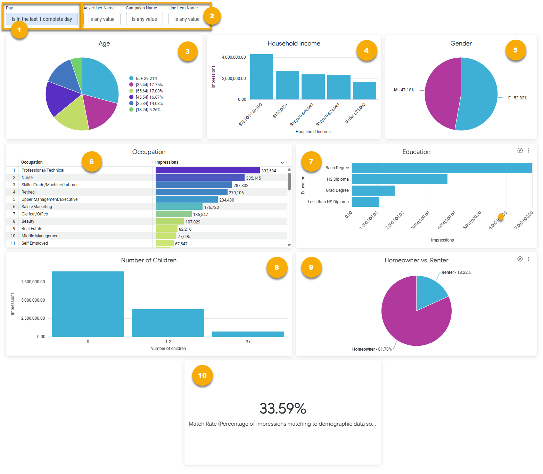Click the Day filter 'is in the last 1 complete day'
pos(42,19)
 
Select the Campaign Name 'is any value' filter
pos(144,19)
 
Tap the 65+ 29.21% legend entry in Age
pos(146,79)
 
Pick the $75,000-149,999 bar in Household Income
pos(261,77)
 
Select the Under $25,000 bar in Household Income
pos(364,90)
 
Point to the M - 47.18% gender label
pos(404,90)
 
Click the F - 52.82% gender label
pos(517,98)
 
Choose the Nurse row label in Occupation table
pos(27,178)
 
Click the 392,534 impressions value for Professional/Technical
pos(269,171)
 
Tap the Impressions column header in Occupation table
pos(167,162)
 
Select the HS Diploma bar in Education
pos(400,179)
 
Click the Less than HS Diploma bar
pos(365,202)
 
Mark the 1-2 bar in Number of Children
pos(168,323)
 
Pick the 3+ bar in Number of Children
pos(248,334)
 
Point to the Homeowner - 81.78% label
pos(372,349)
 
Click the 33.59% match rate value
pos(283,409)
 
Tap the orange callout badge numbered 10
pos(202,375)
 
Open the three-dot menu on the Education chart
pos(529,150)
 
